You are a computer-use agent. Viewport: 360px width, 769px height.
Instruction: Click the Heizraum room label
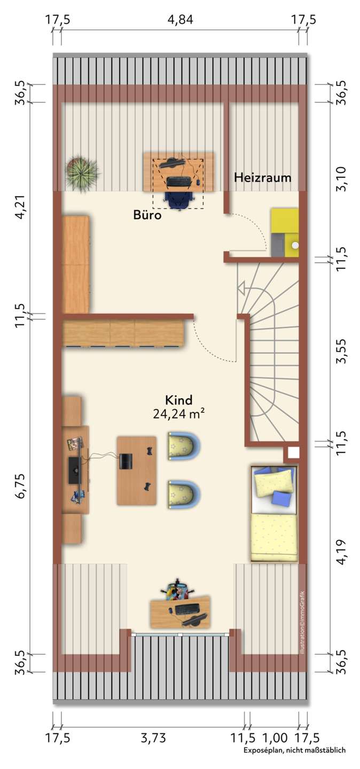click(262, 177)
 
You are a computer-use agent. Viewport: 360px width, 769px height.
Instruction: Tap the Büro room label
click(147, 215)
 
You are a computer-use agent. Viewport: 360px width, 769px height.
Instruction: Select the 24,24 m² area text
click(178, 414)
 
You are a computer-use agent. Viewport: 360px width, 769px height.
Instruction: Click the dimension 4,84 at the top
click(181, 19)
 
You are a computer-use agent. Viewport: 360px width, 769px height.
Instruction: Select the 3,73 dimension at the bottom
click(153, 737)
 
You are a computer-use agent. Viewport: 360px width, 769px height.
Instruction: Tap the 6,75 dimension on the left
click(20, 486)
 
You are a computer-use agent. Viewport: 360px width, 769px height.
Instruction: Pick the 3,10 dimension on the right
click(341, 178)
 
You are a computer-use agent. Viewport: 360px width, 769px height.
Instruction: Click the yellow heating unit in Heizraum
click(285, 232)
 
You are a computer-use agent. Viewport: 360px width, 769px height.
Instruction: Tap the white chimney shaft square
click(293, 453)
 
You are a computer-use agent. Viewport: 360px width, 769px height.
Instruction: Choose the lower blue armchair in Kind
click(183, 494)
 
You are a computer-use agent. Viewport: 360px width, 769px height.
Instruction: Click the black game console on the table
click(124, 461)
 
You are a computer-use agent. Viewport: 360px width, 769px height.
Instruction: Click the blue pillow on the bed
click(281, 497)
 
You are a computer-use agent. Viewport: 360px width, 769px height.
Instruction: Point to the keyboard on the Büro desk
click(178, 182)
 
